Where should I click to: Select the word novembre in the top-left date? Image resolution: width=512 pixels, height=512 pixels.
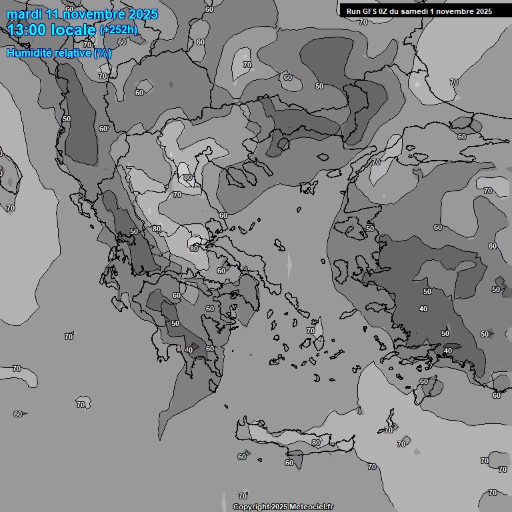tap(96, 14)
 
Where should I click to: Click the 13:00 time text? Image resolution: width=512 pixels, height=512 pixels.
tap(29, 30)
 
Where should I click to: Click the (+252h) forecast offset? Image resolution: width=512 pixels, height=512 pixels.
tap(119, 30)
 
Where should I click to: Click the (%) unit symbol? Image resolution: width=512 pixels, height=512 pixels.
tap(103, 53)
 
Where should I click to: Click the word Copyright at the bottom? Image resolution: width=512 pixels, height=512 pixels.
tap(251, 507)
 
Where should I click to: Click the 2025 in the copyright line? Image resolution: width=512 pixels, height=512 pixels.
tap(280, 507)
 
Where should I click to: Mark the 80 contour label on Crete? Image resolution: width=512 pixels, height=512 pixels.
tap(316, 443)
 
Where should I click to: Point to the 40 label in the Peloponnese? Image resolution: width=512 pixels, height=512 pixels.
tap(189, 350)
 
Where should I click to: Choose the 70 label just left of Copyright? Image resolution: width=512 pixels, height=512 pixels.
tap(243, 496)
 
